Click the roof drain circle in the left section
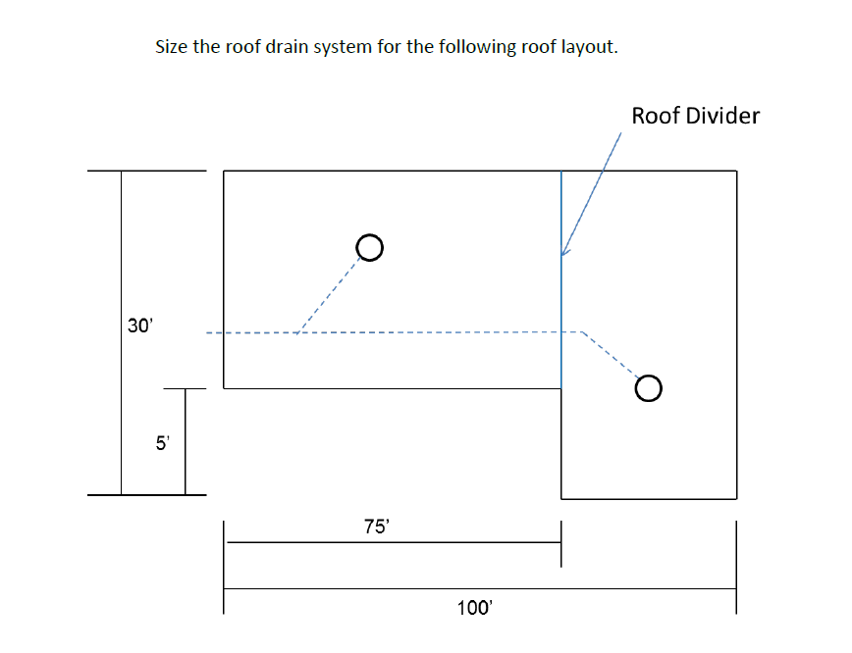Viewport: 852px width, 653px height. [369, 248]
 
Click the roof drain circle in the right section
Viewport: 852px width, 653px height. [648, 389]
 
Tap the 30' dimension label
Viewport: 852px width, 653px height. [140, 326]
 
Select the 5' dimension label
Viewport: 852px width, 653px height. [163, 442]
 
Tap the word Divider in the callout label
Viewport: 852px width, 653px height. [721, 116]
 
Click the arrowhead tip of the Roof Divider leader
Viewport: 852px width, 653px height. [562, 256]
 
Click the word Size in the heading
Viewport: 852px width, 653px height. [173, 47]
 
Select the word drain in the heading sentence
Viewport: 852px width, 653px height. [284, 47]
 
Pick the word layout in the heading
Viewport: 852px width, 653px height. [589, 47]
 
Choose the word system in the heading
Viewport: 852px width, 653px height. [342, 47]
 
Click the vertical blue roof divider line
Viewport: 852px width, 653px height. [561, 294]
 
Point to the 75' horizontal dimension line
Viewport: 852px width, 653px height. [393, 542]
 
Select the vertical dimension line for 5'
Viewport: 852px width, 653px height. [185, 441]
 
